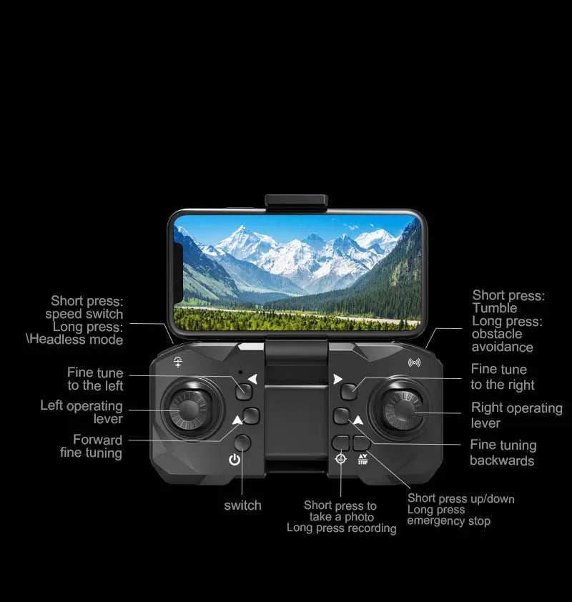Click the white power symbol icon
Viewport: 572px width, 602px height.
(235, 459)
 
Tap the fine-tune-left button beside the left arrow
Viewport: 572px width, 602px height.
(245, 391)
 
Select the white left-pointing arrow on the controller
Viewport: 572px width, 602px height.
(252, 379)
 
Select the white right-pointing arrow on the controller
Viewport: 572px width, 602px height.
(337, 379)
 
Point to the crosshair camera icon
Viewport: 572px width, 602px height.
(341, 459)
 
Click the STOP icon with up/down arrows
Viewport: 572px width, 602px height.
(363, 459)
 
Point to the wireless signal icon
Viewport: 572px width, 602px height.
(414, 362)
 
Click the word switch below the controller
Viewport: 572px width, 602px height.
(242, 505)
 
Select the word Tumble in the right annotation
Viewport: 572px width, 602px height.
(494, 308)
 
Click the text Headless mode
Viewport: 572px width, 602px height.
(76, 340)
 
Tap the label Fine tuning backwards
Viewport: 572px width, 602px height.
(503, 453)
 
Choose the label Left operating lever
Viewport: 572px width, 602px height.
(82, 413)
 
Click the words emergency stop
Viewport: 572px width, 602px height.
(448, 521)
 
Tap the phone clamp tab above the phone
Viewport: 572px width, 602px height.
(295, 202)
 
